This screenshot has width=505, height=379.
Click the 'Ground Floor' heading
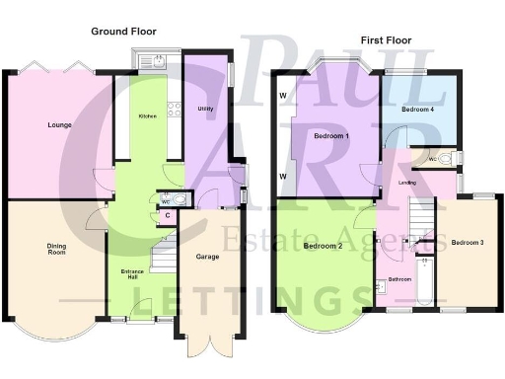(123, 32)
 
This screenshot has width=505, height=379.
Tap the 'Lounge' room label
(58, 125)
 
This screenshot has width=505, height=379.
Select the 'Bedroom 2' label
(323, 246)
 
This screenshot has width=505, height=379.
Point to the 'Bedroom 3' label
(468, 242)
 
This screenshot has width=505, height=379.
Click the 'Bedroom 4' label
(419, 110)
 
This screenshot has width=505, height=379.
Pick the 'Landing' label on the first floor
(406, 183)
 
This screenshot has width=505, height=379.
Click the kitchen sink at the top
(157, 62)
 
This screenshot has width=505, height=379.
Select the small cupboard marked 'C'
(168, 215)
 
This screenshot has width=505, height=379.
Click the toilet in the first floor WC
(446, 159)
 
